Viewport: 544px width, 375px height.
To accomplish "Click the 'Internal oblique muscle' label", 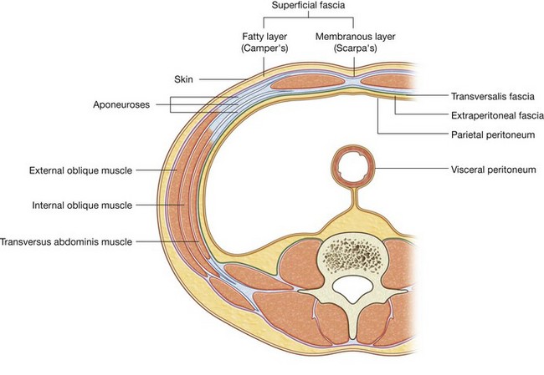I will click(81, 205).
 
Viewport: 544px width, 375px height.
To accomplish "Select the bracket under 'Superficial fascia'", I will click(305, 21).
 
